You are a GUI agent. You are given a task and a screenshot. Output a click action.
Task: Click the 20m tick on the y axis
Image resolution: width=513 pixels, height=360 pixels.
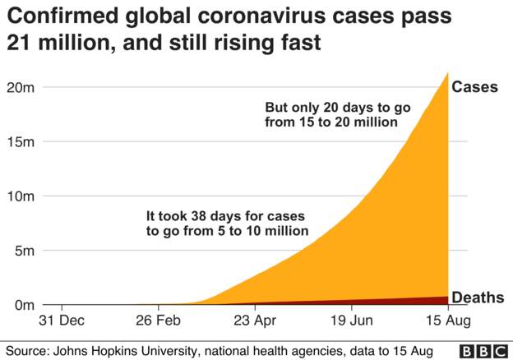coord(19,87)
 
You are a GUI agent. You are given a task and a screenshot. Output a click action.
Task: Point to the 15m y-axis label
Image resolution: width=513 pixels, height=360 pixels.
coord(19,141)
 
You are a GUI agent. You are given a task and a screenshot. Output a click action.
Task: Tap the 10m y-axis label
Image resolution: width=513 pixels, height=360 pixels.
coord(19,196)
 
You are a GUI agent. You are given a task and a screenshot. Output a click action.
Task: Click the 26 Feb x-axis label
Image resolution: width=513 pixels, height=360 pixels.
coord(157,321)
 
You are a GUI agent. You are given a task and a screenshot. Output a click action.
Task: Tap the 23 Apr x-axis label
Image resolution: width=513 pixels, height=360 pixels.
coord(255,321)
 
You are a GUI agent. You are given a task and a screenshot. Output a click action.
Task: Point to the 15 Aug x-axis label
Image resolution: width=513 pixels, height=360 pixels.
coord(446,321)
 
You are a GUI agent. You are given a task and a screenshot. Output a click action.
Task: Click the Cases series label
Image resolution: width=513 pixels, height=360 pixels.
coord(475,87)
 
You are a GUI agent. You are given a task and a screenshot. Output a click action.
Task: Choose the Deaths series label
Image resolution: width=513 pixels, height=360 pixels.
coord(478,297)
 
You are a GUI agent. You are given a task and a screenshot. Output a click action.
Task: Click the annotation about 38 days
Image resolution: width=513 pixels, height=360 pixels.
coord(227,224)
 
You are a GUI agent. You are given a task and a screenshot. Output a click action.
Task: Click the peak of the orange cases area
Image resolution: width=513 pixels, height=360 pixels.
coord(446,74)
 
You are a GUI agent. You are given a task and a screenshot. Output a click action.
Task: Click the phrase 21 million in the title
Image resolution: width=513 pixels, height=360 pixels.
coord(58,42)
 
